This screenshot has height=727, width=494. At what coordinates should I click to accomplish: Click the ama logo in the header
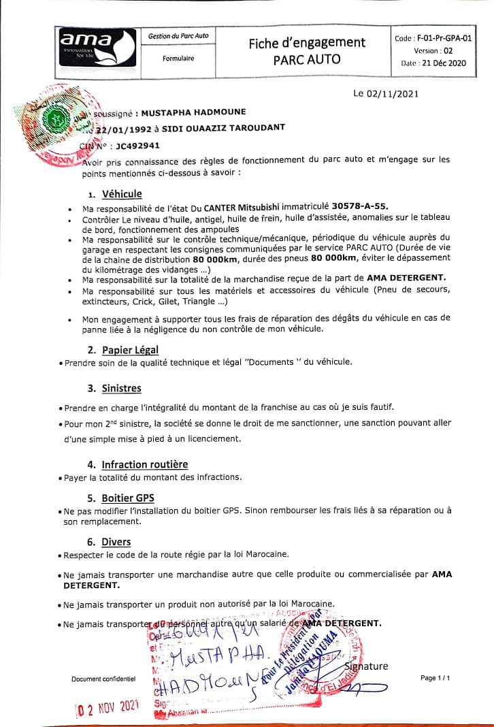click(x=97, y=47)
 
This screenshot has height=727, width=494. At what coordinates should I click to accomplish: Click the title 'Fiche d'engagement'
click(x=307, y=43)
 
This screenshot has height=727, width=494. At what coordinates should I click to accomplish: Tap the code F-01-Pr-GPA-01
click(x=433, y=39)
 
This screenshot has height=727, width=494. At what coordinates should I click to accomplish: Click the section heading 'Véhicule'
click(x=122, y=194)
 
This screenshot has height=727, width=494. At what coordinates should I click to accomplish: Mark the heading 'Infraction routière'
click(x=144, y=464)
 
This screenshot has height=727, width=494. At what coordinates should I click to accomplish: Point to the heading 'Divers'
click(x=116, y=542)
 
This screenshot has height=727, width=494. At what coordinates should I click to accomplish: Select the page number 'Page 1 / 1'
click(x=435, y=679)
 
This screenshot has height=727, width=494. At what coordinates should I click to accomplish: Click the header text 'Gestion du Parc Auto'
click(x=178, y=35)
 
